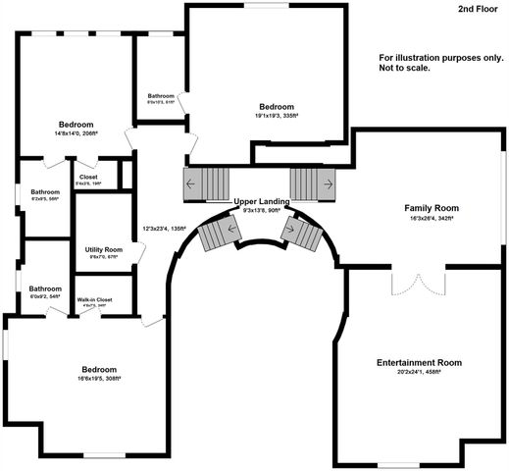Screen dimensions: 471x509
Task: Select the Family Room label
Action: (x=433, y=208)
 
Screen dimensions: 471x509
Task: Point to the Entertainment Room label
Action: (x=419, y=362)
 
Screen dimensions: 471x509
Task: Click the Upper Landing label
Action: (x=261, y=201)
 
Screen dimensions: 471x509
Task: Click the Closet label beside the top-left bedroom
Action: (x=89, y=177)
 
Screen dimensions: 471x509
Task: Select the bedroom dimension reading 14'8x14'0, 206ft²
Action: (x=75, y=135)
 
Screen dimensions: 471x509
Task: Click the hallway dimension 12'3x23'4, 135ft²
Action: (x=164, y=229)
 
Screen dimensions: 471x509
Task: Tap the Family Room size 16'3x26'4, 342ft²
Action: (x=433, y=219)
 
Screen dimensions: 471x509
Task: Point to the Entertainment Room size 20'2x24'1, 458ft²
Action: (x=419, y=373)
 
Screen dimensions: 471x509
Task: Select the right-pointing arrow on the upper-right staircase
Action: (x=327, y=183)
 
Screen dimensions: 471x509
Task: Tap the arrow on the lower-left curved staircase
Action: (x=231, y=229)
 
